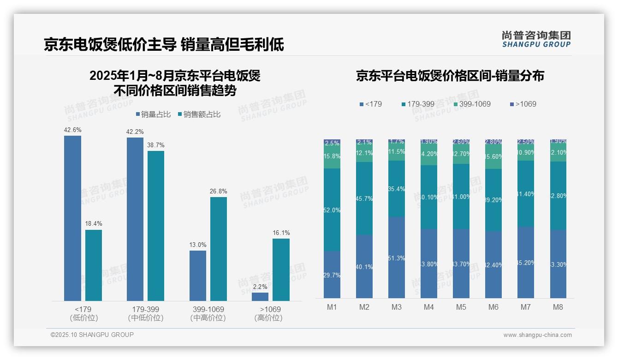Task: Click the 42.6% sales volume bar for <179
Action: pyautogui.click(x=72, y=218)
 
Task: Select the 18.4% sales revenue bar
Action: pyautogui.click(x=94, y=265)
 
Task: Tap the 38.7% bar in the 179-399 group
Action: pyautogui.click(x=156, y=226)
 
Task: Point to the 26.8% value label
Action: pyautogui.click(x=219, y=192)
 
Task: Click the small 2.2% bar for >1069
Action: pyautogui.click(x=260, y=297)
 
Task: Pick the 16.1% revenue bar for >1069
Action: pyautogui.click(x=281, y=270)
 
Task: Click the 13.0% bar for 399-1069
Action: pyautogui.click(x=198, y=276)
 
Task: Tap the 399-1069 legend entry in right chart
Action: pyautogui.click(x=471, y=104)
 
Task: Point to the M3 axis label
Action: pyautogui.click(x=397, y=307)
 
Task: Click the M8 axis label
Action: pyautogui.click(x=558, y=307)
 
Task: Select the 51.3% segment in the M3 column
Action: pyautogui.click(x=397, y=257)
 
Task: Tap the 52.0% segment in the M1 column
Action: pyautogui.click(x=332, y=210)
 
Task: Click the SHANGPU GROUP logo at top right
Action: pyautogui.click(x=536, y=39)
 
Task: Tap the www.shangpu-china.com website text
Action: pyautogui.click(x=537, y=335)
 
